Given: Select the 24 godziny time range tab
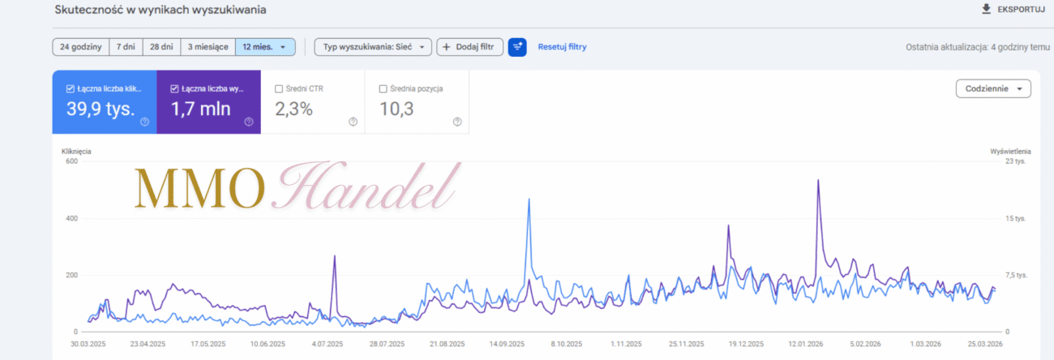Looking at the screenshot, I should (80, 47).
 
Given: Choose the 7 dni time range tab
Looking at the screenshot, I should (125, 47).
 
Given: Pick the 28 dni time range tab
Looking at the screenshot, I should (161, 47).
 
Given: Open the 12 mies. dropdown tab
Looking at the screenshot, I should (264, 47).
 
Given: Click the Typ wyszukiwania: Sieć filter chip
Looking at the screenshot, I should (373, 47).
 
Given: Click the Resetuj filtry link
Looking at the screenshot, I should (562, 47).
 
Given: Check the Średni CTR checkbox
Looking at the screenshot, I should (280, 88).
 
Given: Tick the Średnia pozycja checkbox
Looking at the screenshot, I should (383, 88).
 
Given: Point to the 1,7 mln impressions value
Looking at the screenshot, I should (200, 109).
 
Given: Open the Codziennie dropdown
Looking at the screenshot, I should (993, 88).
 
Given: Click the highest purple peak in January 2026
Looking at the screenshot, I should (818, 181).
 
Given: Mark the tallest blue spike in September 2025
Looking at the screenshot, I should (529, 199).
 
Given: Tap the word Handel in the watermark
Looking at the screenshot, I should (369, 186).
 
